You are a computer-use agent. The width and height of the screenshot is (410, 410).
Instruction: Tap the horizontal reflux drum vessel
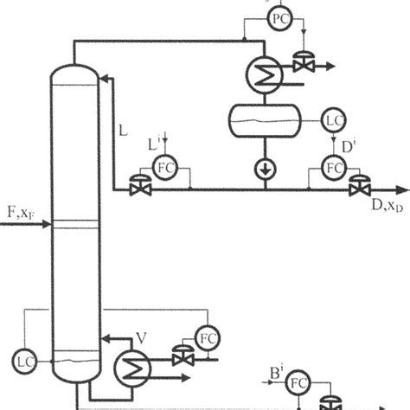click(x=262, y=121)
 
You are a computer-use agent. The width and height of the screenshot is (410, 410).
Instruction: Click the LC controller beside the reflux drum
click(x=333, y=119)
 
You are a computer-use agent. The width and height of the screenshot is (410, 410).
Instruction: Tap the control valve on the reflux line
click(x=137, y=187)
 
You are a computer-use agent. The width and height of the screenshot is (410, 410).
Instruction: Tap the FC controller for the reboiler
click(x=206, y=336)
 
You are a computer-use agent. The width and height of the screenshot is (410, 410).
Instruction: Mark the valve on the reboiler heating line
click(x=182, y=356)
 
